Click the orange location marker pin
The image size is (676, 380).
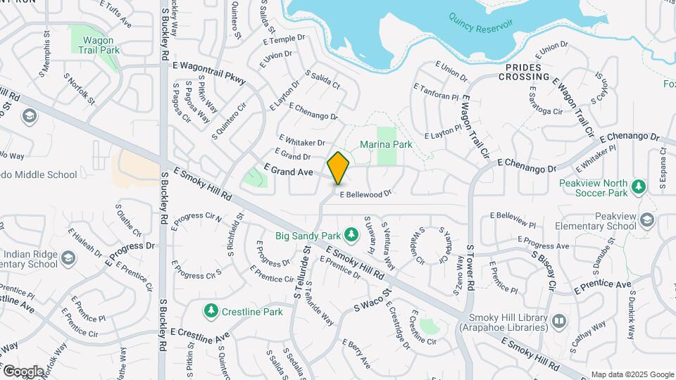coord(339,167)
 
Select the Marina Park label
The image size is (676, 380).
coord(386,144)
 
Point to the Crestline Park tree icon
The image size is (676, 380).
coord(210,310)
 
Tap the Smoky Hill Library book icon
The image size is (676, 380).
coord(558,321)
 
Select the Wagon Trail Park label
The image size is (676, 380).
coord(96,45)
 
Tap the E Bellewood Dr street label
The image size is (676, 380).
coord(365,194)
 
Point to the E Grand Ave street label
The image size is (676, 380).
coord(288,171)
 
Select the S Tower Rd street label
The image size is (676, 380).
coord(470,267)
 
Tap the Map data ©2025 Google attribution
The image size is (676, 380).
coord(632,374)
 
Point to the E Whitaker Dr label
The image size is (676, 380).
coord(302,141)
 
